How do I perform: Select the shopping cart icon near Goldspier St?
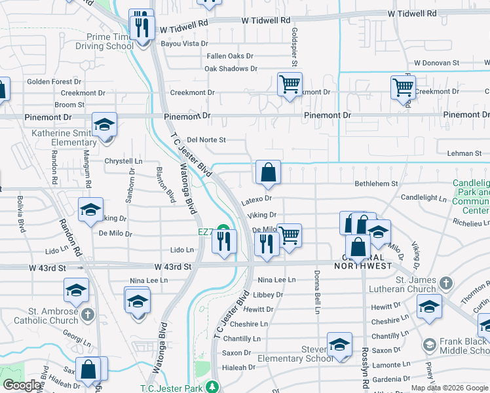point(289,84)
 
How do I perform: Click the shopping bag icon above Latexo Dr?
point(268,173)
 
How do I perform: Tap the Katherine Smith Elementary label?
point(64,138)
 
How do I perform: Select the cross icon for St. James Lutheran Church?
point(445,284)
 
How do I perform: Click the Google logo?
point(22,385)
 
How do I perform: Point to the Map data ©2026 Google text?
point(449,388)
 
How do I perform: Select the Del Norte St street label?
point(206,140)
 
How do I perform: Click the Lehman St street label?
point(464,153)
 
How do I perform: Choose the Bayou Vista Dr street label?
point(185,44)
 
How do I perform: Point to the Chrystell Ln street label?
point(124,161)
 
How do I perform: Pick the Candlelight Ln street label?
point(423,197)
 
